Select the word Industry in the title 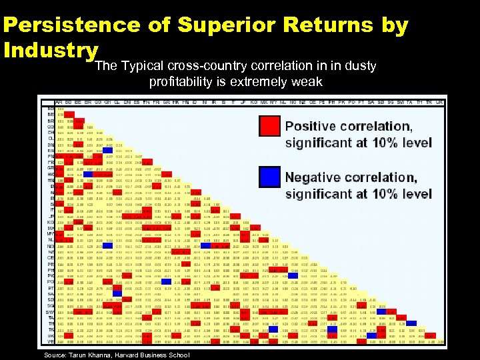pos(51,50)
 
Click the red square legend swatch pos(270,126)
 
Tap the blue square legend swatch pos(270,177)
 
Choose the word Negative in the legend pos(317,177)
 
